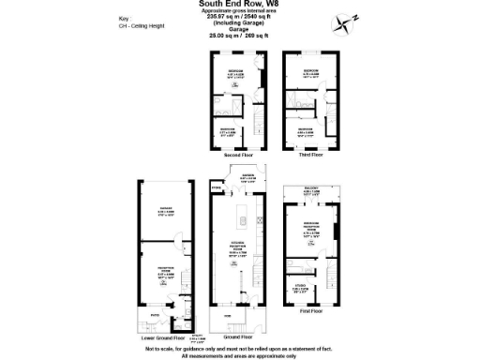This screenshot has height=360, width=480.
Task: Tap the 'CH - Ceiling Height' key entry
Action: click(138, 26)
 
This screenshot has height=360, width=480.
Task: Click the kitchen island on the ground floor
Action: click(242, 221)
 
